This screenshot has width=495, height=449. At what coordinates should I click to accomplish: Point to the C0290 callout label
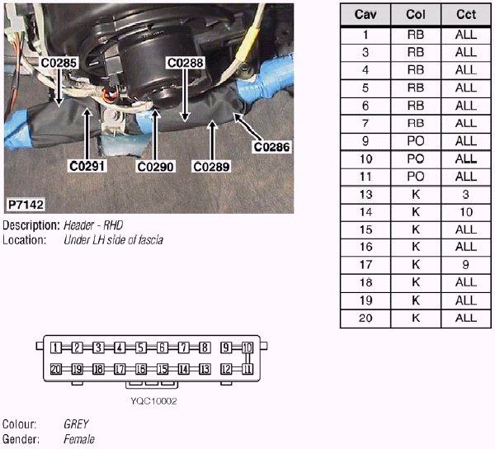[155, 166]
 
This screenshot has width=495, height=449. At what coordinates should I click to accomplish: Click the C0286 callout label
[272, 147]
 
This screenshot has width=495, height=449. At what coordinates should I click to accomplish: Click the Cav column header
[365, 16]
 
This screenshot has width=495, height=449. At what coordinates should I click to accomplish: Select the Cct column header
[465, 16]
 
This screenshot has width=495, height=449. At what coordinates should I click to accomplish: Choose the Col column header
[416, 16]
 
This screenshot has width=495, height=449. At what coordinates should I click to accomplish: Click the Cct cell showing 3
[465, 194]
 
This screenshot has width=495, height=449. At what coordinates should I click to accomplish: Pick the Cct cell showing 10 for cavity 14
[465, 212]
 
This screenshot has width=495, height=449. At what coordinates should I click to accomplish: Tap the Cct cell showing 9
[465, 265]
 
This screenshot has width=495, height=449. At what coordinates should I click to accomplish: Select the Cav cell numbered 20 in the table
[365, 318]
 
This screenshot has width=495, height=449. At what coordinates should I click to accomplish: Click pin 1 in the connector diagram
[55, 347]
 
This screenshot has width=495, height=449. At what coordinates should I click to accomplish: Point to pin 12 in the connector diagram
[226, 368]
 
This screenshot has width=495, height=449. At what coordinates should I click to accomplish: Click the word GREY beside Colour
[76, 424]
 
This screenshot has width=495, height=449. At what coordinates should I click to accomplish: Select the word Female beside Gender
[79, 439]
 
